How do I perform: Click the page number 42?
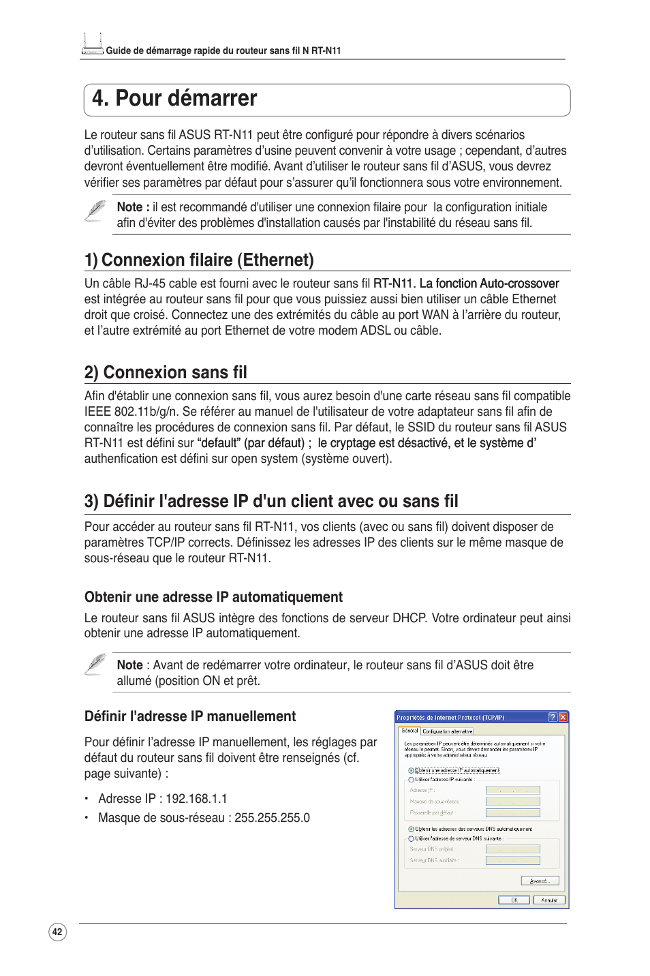(x=57, y=932)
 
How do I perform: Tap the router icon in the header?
(x=92, y=44)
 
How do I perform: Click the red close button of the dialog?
(x=563, y=717)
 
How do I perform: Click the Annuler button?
(x=549, y=900)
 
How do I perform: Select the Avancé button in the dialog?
(x=540, y=881)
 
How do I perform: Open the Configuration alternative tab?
(x=448, y=731)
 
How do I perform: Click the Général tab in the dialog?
(x=409, y=731)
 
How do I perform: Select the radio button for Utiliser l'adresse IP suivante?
(x=411, y=779)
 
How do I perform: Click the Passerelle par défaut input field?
(x=512, y=812)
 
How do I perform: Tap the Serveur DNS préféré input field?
(x=512, y=849)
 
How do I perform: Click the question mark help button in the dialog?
(x=553, y=717)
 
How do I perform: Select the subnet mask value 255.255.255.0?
(x=272, y=818)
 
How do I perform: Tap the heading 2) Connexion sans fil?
(x=166, y=373)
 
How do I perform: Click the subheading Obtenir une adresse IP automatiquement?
(x=213, y=597)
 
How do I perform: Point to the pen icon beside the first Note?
(x=95, y=211)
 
